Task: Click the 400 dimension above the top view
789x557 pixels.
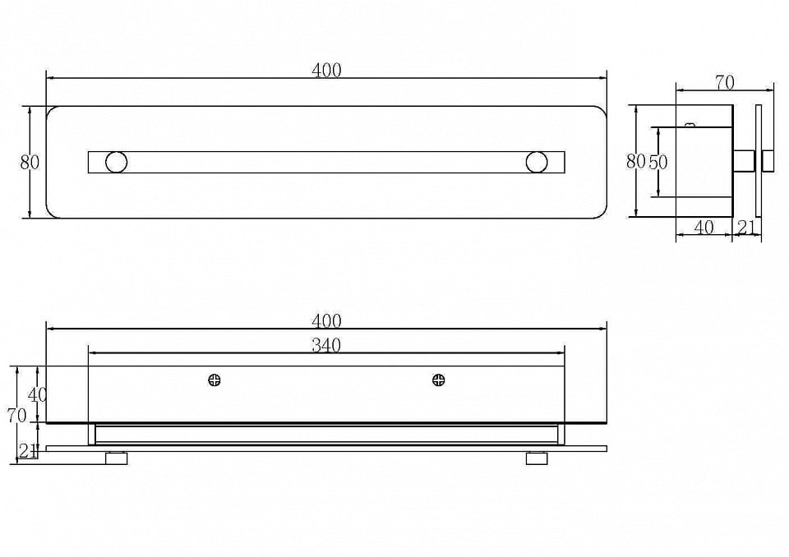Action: coord(326,70)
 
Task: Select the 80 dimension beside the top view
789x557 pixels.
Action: coord(30,162)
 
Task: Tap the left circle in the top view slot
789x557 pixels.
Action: coord(116,162)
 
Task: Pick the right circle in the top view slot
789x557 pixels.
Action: coord(537,162)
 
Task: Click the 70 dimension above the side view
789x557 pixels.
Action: coord(725,82)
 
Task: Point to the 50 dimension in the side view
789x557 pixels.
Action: coord(658,162)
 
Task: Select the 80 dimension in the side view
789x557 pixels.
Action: coord(636,161)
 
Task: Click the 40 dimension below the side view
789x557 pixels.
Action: coord(704,228)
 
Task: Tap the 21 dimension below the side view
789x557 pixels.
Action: coord(746,228)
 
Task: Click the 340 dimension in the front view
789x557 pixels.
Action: coord(326,346)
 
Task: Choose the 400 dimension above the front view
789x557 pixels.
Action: coord(326,321)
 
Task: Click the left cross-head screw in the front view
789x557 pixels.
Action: coord(215,380)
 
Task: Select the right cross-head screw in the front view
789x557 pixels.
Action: coord(438,380)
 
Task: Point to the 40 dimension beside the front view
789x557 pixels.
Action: coord(38,394)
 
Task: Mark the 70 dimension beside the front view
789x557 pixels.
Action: coord(16,416)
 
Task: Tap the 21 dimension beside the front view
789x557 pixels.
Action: coord(28,451)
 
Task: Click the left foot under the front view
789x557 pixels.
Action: coord(116,458)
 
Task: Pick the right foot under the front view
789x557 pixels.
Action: coord(537,458)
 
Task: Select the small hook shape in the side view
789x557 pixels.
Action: coord(690,124)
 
